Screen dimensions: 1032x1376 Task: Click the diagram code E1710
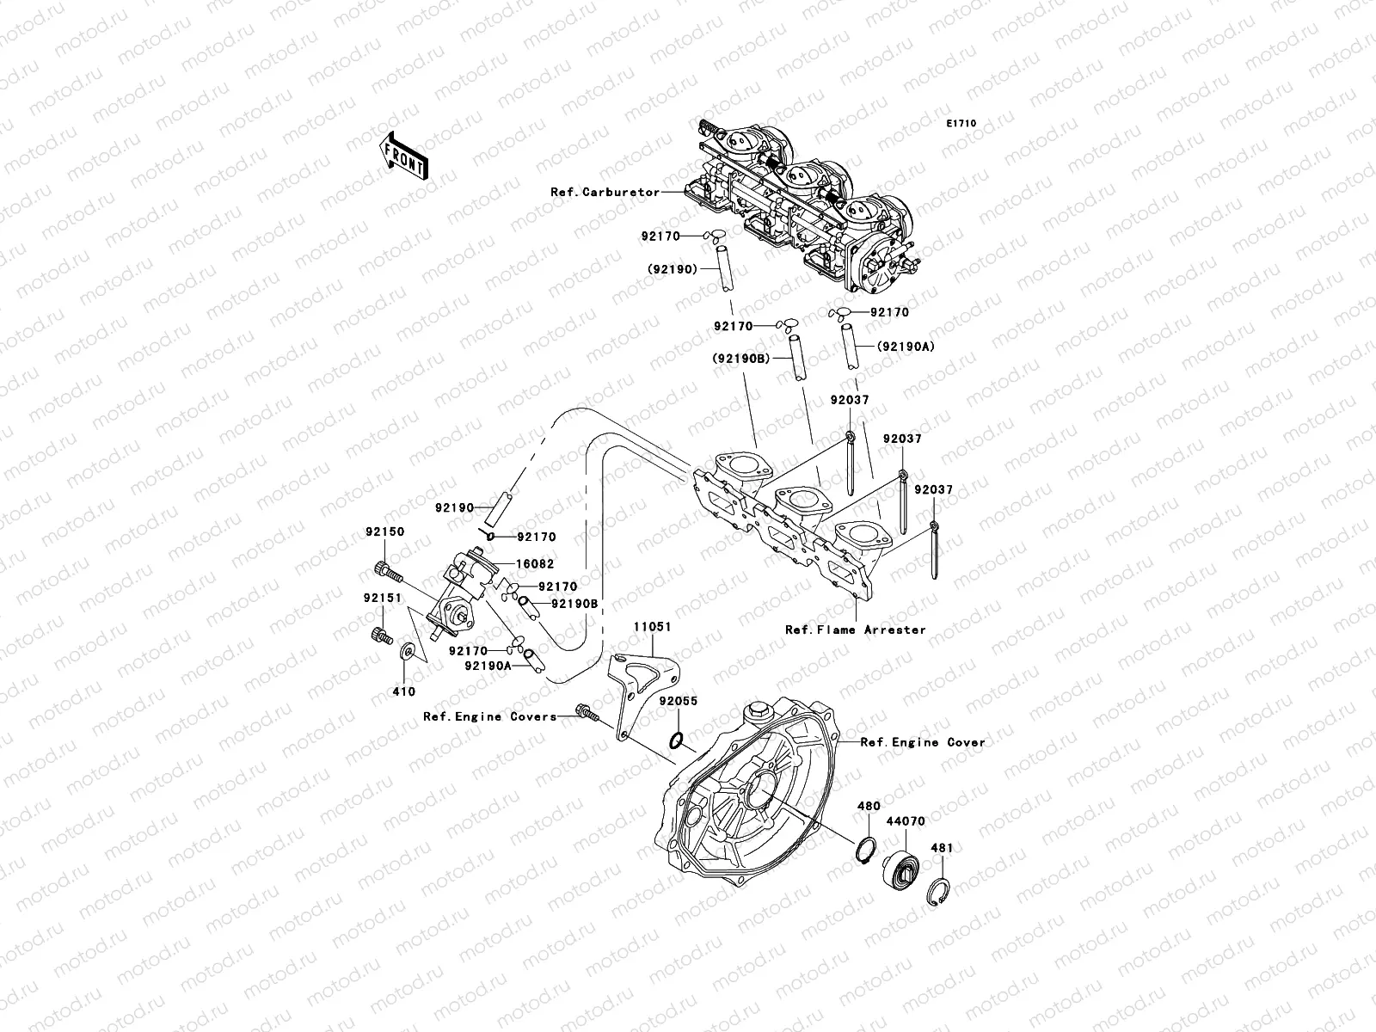coord(961,124)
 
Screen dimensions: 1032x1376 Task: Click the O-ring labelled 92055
coord(677,739)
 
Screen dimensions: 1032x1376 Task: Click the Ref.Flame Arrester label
coord(855,630)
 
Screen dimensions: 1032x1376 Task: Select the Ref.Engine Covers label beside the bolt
coord(489,716)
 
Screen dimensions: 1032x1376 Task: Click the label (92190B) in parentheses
coord(740,359)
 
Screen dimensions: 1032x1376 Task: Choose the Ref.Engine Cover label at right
coord(923,741)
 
